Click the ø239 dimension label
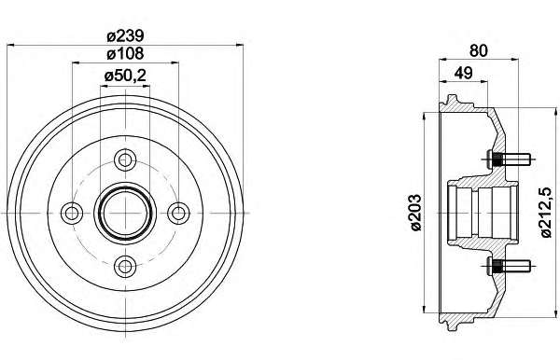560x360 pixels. tap(125, 35)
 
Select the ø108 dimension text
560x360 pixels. tap(125, 53)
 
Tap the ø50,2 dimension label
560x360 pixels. tap(125, 76)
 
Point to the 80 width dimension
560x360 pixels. tap(478, 50)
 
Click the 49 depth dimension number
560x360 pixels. tap(463, 73)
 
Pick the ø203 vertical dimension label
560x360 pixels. tap(415, 213)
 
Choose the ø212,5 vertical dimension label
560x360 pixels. tap(546, 213)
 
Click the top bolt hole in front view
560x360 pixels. tap(125, 159)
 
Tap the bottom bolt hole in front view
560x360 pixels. tap(125, 266)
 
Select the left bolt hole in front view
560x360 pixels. tap(72, 213)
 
